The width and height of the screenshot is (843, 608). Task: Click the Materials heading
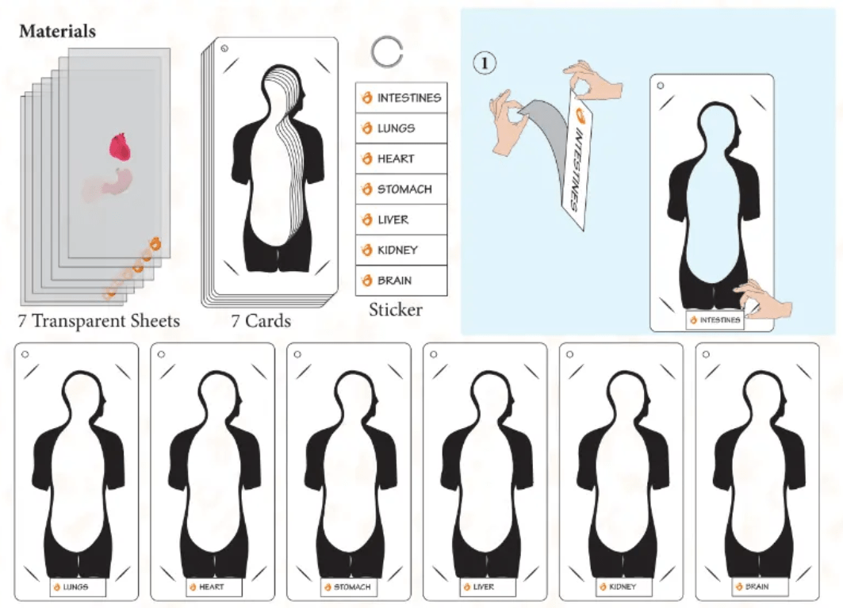tap(58, 31)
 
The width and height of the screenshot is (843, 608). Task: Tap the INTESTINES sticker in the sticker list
tap(401, 98)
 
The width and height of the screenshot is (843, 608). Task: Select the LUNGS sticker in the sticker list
tap(401, 128)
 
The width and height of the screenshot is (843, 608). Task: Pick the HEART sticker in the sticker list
tap(401, 159)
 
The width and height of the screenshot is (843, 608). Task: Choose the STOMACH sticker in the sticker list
tap(401, 189)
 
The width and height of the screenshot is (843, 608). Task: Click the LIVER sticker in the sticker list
tap(401, 220)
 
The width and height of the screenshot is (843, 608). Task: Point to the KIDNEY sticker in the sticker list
tap(401, 250)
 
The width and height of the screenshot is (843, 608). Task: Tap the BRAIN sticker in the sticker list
tap(401, 281)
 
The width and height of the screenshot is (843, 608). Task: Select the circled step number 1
tap(485, 63)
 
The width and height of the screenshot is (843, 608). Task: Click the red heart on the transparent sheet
tap(121, 147)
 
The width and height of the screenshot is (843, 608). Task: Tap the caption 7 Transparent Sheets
tap(99, 321)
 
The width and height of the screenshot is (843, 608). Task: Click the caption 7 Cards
tap(261, 321)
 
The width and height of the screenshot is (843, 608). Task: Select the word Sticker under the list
tap(396, 310)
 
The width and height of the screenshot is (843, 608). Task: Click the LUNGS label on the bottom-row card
tap(78, 587)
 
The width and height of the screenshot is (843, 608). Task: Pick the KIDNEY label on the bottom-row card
tap(623, 587)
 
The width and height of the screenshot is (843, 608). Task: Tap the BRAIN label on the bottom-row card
tap(760, 587)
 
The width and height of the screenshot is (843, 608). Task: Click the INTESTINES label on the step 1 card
tap(715, 320)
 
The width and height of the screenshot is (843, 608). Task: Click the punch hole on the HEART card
tap(161, 355)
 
